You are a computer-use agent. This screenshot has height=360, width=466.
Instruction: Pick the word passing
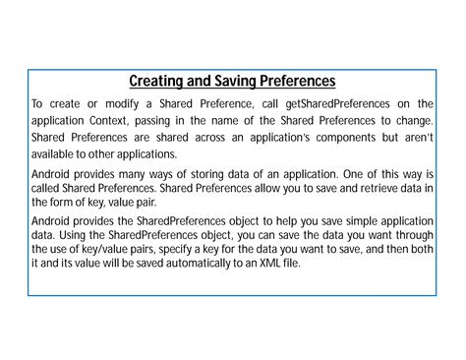click(162, 120)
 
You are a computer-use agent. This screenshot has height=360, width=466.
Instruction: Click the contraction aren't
click(417, 138)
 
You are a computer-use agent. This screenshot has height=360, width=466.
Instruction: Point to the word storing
click(201, 173)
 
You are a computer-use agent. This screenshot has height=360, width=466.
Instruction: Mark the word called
click(49, 190)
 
